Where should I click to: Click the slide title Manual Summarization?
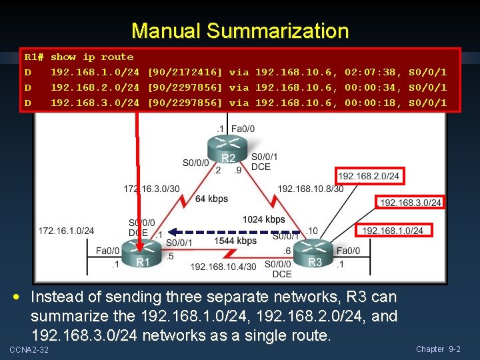tap(240, 31)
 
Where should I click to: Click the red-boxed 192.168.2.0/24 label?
tap(369, 176)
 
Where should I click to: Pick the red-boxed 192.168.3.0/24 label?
tap(410, 203)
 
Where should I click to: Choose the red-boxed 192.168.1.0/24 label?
tap(392, 231)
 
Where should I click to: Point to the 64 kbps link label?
tap(211, 199)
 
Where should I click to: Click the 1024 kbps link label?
tap(264, 219)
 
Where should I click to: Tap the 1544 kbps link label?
tap(235, 241)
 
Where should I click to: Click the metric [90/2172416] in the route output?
tap(185, 72)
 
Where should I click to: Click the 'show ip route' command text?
tap(92, 57)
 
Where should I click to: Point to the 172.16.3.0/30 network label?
tap(151, 189)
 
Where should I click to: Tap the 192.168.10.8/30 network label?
tap(311, 189)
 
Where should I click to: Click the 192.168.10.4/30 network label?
tap(223, 267)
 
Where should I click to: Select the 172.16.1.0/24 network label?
tap(66, 231)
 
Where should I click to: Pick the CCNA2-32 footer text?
tap(29, 350)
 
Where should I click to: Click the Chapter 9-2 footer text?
tap(438, 349)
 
